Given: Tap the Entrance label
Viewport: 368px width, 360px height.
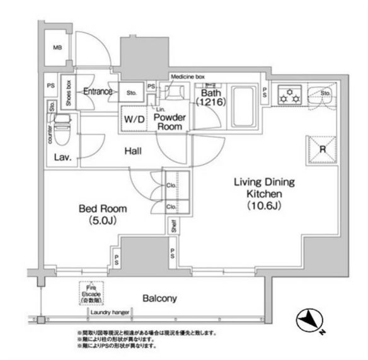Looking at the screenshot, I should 98,92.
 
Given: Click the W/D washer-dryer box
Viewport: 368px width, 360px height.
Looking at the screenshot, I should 134,119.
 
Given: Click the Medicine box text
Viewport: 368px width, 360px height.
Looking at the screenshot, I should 188,77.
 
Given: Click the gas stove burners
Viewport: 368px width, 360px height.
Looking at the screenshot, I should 292,96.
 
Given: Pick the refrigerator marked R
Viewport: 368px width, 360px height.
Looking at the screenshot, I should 322,150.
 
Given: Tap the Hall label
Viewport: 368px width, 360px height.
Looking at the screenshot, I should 133,152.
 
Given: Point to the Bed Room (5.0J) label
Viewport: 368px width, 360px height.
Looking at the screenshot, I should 102,214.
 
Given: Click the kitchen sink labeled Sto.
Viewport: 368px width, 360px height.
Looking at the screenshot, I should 325,96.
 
